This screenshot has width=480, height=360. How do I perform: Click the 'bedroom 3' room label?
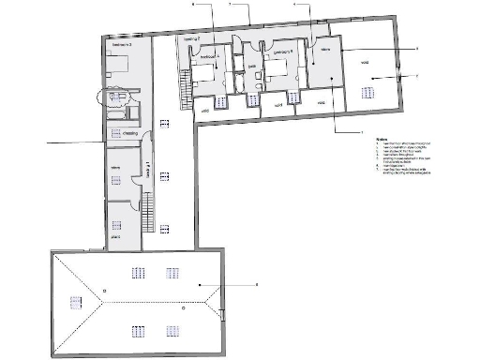[122, 44]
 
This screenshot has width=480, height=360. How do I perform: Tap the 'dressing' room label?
[130, 133]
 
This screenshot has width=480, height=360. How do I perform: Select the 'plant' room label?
[116, 238]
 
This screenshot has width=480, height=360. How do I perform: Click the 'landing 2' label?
[192, 38]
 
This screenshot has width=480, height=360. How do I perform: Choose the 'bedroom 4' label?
[208, 57]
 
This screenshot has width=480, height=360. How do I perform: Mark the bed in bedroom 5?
[278, 71]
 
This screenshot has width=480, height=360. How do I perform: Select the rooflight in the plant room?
[116, 223]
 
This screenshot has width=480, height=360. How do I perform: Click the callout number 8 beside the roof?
[255, 283]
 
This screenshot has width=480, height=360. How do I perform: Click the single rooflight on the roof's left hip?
[74, 302]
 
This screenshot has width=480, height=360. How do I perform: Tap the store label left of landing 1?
[116, 168]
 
